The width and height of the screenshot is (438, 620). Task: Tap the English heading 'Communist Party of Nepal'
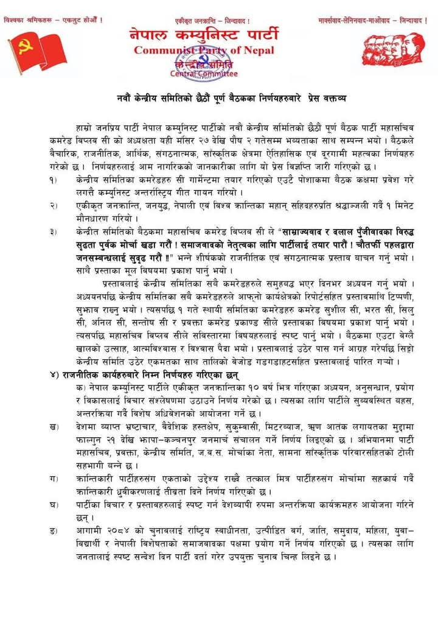(204, 50)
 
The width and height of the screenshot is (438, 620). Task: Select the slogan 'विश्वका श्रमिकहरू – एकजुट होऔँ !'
(53, 20)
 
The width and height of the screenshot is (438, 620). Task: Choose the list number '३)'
(54, 232)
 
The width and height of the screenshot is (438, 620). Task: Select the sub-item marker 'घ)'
(54, 506)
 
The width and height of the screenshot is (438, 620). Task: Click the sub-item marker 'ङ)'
(54, 532)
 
